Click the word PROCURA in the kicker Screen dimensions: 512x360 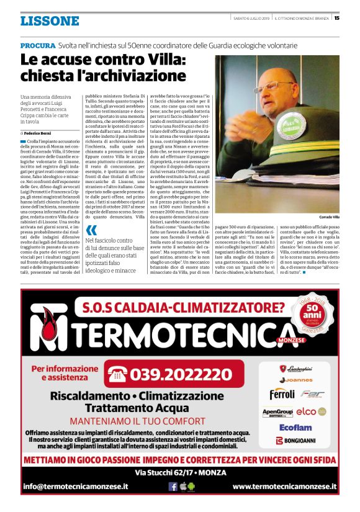click(x=37, y=46)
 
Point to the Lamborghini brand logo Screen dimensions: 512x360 click(x=296, y=369)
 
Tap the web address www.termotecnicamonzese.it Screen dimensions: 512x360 click(x=284, y=487)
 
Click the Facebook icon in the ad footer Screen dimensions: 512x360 click(x=173, y=487)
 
